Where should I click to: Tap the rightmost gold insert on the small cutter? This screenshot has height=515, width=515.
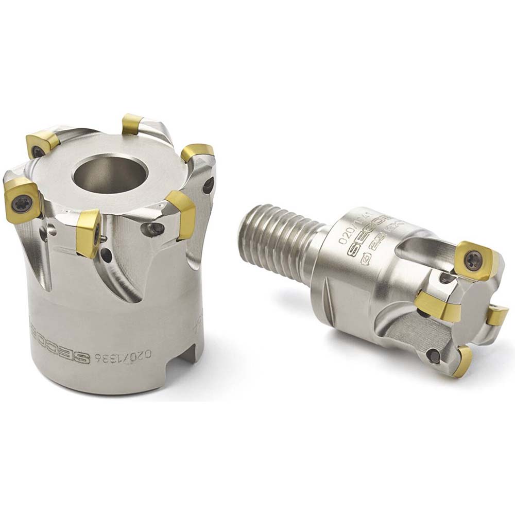point(497,315)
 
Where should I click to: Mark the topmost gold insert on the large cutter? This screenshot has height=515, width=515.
point(132,124)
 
